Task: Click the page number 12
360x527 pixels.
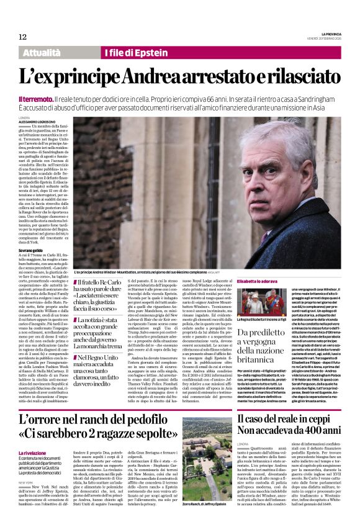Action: tap(23, 37)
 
